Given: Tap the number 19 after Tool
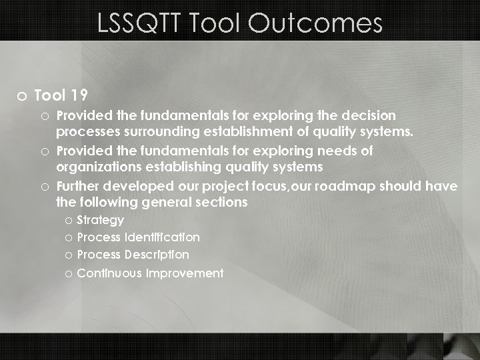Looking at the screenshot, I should click(x=79, y=95).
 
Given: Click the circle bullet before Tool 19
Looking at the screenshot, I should click(x=22, y=96).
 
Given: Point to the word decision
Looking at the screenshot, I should click(x=365, y=115).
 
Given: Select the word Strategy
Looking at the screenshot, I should click(x=100, y=221).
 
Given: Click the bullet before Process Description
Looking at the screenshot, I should click(x=69, y=255).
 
